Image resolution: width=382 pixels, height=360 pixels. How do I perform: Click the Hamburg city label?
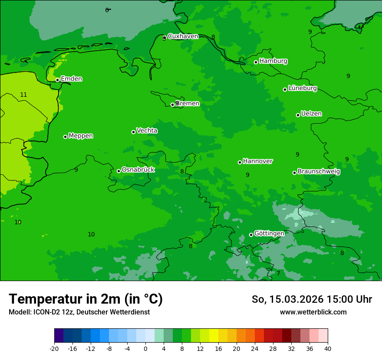pos(273,61)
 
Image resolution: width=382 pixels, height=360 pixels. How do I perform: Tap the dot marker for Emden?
pos(57,80)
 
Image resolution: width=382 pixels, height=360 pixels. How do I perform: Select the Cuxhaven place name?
pos(183,36)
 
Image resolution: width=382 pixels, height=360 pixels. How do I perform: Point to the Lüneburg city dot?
pos(285,89)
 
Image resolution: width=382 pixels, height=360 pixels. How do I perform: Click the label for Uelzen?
pos(311,114)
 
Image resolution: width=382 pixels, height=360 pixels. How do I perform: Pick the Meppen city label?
pos(81,136)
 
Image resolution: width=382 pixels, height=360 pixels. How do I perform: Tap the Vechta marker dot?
pos(133,132)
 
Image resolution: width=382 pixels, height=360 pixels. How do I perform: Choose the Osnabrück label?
pos(138,170)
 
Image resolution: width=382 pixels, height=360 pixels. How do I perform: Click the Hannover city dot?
pos(240,162)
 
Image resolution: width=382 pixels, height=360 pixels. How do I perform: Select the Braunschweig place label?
pos(319,172)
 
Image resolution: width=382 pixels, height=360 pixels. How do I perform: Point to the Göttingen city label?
pos(269,234)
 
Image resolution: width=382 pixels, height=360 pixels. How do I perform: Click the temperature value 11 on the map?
pos(23,95)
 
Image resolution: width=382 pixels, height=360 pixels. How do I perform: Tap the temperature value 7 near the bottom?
pos(278,273)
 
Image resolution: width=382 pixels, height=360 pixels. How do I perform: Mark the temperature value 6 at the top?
pos(107,10)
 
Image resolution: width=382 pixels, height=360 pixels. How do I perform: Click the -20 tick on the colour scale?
pos(54,348)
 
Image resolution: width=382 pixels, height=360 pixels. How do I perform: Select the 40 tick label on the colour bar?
pos(328,348)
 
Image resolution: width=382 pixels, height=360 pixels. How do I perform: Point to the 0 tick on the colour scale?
pos(145,348)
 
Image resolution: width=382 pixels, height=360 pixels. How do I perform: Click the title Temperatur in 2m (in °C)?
pos(86,299)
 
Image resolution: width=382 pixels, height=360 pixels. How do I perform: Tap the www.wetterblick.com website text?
pos(313,312)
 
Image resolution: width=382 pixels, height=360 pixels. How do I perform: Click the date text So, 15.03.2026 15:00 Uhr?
pos(312,299)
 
